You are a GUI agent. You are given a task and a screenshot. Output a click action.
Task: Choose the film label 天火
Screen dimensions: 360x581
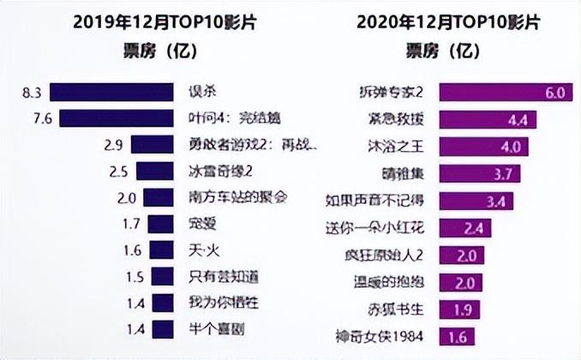point(201,252)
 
